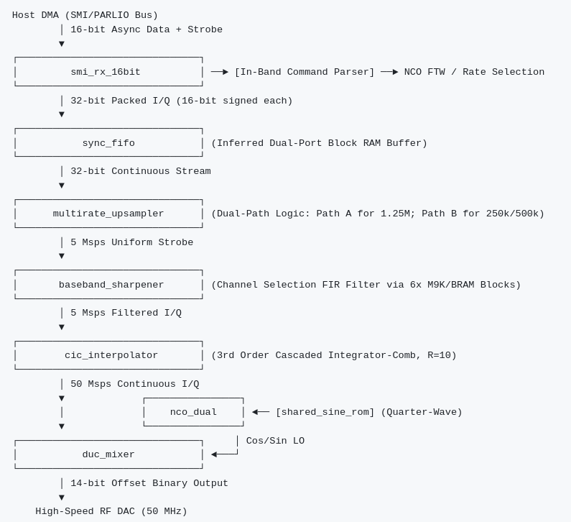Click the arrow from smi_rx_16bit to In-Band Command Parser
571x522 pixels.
[220, 72]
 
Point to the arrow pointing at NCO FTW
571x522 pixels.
[389, 72]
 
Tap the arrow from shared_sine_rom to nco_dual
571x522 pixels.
[261, 412]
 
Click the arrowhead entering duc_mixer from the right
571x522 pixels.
[214, 454]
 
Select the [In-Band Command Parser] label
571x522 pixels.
[305, 72]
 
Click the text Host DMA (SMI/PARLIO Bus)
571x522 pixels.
[85, 15]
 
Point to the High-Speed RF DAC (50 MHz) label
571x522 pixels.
[111, 511]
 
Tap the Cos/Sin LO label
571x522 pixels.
[275, 440]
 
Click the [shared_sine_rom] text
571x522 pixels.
[325, 412]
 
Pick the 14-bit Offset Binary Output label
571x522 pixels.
[149, 483]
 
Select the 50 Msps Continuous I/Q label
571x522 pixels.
[135, 384]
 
